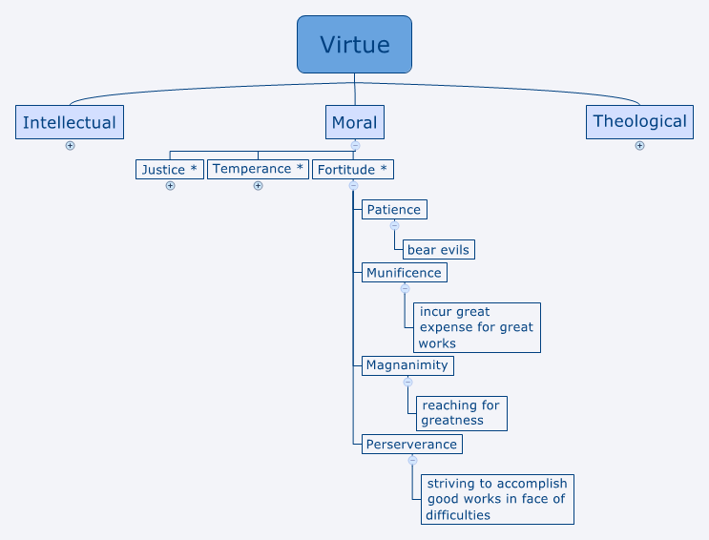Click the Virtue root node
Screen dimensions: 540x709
(354, 45)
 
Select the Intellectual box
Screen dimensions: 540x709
(70, 122)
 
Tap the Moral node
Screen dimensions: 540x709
(354, 122)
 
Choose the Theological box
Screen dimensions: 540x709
(639, 121)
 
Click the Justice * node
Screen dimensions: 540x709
(170, 170)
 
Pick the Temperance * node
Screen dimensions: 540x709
(258, 169)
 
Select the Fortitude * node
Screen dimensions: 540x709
(352, 170)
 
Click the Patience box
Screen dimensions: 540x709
(393, 209)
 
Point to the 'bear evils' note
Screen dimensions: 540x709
(438, 250)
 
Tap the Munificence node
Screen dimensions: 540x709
(404, 273)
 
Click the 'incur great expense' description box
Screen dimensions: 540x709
(477, 327)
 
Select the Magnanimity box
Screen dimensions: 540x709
(407, 365)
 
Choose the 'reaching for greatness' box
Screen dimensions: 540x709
(461, 412)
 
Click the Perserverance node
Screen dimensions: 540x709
(411, 445)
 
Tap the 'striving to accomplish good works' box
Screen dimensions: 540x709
(496, 499)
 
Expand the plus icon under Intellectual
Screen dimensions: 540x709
(70, 146)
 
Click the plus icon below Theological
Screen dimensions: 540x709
(639, 146)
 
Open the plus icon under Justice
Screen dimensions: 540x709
(170, 186)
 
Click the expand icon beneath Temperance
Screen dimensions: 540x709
(258, 186)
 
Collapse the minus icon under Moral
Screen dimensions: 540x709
(354, 146)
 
